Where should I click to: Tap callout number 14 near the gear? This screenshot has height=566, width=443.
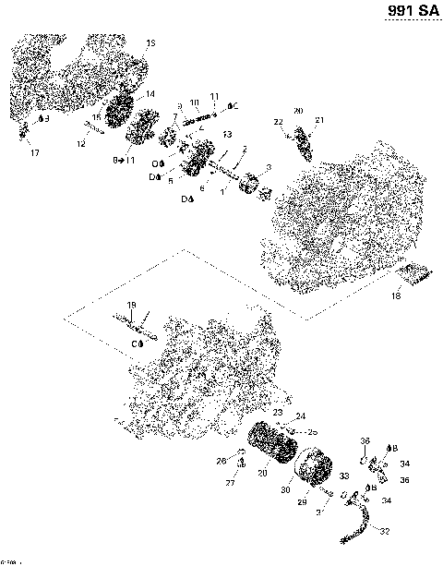(150, 94)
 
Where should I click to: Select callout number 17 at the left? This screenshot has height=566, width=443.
(35, 151)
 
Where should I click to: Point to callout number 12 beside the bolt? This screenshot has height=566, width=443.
(80, 143)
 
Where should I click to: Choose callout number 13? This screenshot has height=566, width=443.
(226, 135)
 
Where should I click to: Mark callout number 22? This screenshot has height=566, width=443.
(278, 122)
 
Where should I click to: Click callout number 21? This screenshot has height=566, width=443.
(319, 121)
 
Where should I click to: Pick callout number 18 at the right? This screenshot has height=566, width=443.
(396, 296)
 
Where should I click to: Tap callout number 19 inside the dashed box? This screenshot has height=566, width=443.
(131, 306)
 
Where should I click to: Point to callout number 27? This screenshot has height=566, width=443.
(231, 483)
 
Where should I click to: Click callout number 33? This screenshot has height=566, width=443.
(344, 476)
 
